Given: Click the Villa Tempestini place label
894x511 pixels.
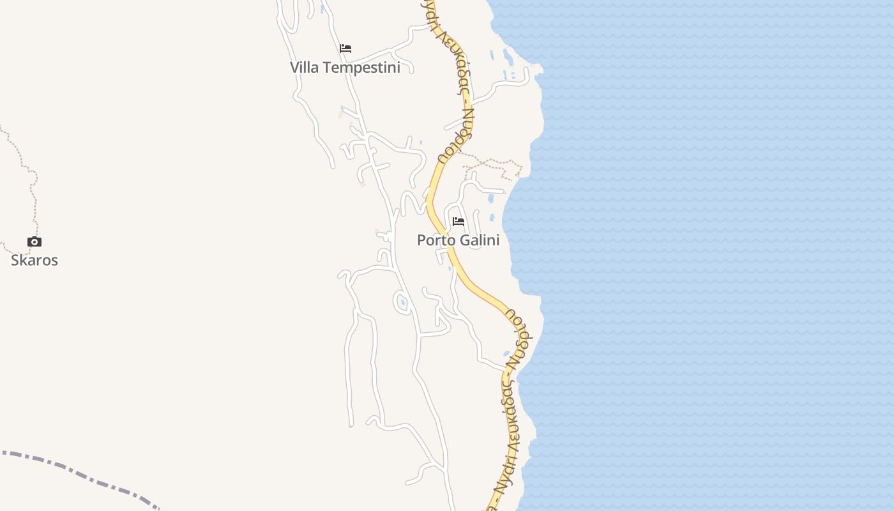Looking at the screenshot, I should [x=345, y=68].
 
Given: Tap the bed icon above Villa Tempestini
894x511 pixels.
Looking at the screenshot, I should [x=345, y=49].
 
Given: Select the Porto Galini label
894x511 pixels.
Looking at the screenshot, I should [x=458, y=240].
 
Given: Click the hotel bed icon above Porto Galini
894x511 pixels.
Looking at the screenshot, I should [x=458, y=222].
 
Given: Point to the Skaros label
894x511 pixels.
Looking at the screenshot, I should [x=34, y=260].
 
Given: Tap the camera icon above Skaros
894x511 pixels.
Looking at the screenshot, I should [x=34, y=241].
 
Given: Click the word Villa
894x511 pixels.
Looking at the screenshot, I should [x=304, y=68].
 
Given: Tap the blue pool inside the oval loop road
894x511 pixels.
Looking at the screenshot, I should [x=402, y=302].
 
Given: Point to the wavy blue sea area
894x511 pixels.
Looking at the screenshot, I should [x=702, y=256].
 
